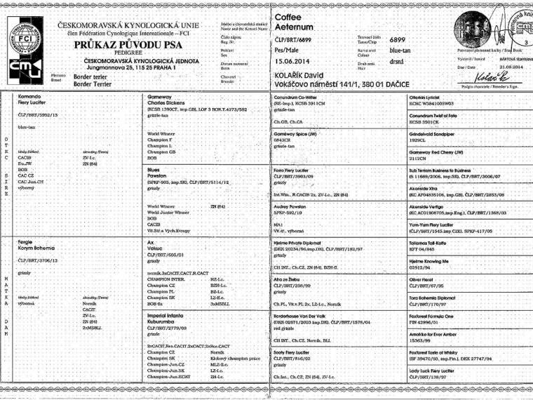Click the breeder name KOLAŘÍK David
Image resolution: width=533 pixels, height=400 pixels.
[x=303, y=73]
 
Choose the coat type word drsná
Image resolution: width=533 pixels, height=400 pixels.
[x=398, y=61]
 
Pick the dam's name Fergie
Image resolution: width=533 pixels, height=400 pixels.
[x=26, y=241]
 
